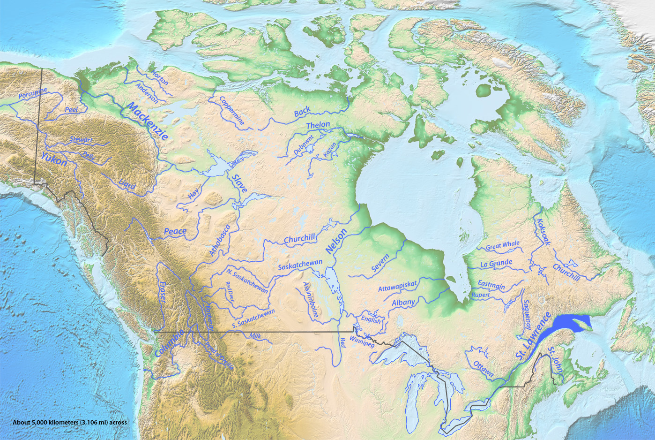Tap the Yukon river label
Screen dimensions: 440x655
point(53,159)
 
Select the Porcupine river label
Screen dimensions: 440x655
point(33,93)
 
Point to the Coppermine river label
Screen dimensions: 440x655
point(232,110)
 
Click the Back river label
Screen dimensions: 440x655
point(302,112)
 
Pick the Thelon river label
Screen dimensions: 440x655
point(318,125)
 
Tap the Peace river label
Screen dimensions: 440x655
point(175,231)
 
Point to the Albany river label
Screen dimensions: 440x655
point(403,303)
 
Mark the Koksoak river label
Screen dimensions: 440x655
point(543,232)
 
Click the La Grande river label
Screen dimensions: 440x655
point(496,264)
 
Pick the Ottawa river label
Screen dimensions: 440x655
point(483,369)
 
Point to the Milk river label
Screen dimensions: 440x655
point(255,336)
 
